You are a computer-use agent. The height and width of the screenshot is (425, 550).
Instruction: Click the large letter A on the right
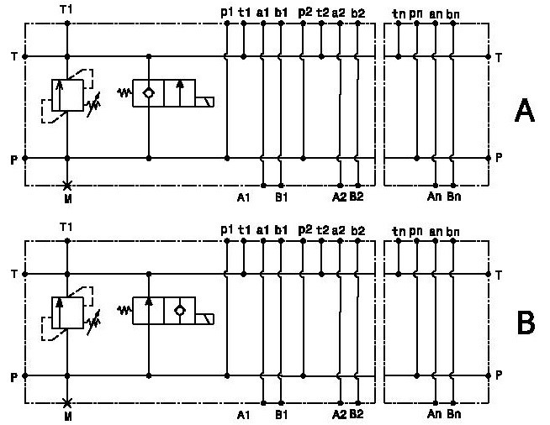coord(525,110)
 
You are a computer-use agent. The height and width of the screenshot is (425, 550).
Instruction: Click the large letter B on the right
coord(526,323)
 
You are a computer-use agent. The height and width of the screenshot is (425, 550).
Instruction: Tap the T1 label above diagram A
coord(66,9)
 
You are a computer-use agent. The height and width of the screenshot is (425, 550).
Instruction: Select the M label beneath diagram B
coord(68,417)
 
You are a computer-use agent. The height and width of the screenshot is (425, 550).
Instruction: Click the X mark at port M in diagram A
coord(67,186)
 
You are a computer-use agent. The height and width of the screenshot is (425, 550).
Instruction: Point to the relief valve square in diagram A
coord(67,95)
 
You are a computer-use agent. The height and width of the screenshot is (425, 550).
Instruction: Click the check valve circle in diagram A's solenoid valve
coord(149,93)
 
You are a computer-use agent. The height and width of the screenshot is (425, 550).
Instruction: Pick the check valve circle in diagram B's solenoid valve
coord(180,311)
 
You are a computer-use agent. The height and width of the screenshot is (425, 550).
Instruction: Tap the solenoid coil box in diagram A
coord(204,102)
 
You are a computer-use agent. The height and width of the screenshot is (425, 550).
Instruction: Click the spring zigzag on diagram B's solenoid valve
coord(124,310)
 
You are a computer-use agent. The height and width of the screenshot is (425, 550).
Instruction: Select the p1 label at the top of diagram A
coord(227,13)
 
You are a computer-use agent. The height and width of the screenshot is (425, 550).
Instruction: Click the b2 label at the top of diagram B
coord(357,230)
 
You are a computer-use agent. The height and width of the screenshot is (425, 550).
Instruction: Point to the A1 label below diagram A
coord(243,197)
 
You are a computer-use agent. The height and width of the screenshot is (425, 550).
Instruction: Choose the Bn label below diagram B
coord(453,414)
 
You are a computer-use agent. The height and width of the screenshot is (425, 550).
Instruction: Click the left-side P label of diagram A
coord(13,160)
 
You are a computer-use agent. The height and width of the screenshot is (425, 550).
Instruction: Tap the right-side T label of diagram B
coord(499,275)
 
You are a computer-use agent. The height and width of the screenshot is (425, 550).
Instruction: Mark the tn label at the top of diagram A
coord(399,13)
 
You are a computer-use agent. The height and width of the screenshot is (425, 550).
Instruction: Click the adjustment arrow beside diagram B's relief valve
coord(93,322)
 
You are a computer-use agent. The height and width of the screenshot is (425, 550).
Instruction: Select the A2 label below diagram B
coord(339,414)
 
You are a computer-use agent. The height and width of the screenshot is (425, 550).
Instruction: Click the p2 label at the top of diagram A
coord(304,13)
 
